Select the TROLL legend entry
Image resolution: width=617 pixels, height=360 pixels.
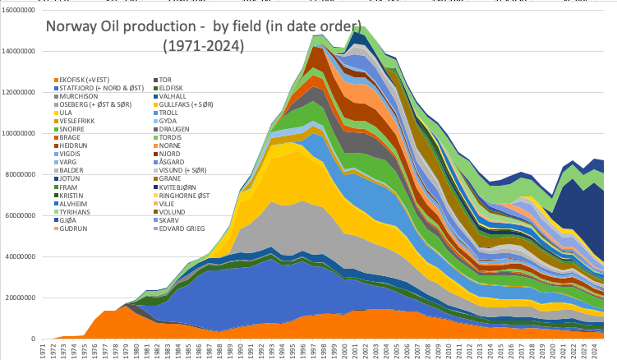tap(169, 113)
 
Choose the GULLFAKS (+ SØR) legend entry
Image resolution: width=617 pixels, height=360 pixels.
tap(186, 104)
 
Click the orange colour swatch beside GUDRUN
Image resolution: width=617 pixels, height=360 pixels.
tap(55, 228)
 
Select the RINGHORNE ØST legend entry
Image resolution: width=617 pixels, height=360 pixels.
tap(185, 196)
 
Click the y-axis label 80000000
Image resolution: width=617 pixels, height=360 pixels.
tap(17, 174)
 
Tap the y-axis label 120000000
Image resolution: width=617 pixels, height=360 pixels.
tap(16, 92)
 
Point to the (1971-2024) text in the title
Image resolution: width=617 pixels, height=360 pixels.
tap(203, 47)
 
